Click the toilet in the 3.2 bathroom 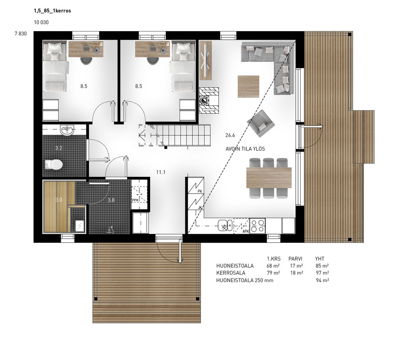(54, 164)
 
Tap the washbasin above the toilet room (67, 130)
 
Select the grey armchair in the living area (261, 123)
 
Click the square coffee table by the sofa (248, 87)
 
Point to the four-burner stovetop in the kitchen (257, 226)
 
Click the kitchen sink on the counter (225, 226)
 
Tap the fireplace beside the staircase (209, 100)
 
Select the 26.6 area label (230, 135)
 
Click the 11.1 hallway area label (161, 172)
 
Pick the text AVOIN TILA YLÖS (245, 149)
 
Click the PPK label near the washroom (135, 200)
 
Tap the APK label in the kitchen (246, 231)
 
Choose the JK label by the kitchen (200, 207)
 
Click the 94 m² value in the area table (322, 280)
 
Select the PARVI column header (295, 259)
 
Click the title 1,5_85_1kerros (52, 11)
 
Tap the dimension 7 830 (20, 34)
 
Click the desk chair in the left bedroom (86, 60)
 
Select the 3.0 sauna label (59, 200)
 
